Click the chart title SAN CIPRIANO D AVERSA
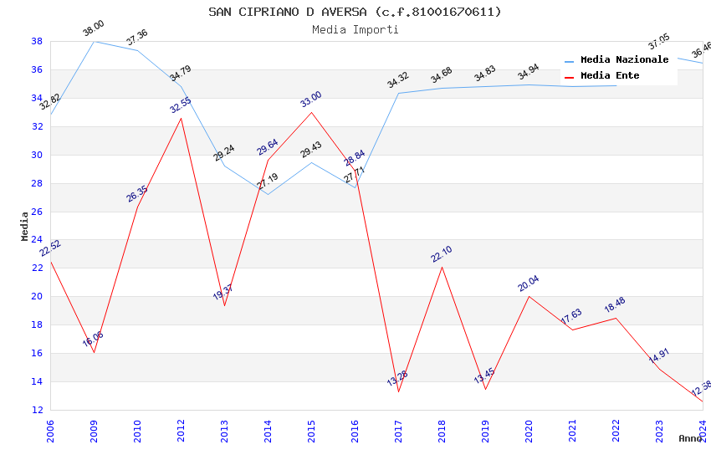355,12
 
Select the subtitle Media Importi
355,29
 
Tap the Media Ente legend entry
610,76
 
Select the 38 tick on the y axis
37,41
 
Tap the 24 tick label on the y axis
37,240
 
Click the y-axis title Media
24,226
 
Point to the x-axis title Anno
690,438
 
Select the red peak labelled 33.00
311,112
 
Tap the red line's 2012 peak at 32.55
181,118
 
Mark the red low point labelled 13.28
398,391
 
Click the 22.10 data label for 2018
442,254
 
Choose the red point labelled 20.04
529,296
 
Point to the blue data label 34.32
397,80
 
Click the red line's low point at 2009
94,352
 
